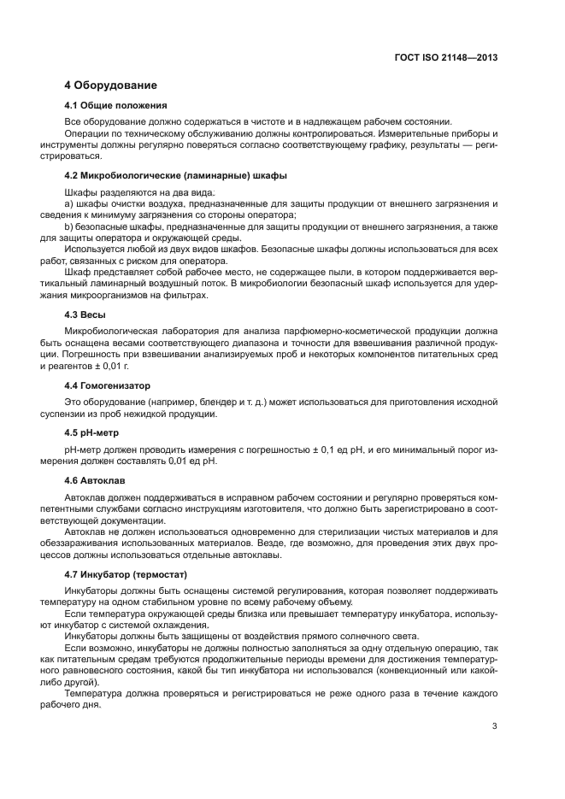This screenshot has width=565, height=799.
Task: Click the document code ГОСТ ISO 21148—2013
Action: pos(447,59)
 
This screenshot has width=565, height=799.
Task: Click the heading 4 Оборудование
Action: pos(111,85)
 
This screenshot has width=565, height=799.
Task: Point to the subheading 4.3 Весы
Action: pos(85,314)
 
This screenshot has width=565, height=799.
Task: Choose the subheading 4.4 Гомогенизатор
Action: pos(107,385)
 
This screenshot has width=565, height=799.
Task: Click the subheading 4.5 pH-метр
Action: pos(96,432)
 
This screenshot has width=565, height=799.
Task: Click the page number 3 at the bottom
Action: pos(494,726)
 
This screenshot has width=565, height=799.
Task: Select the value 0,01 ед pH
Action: pos(191,461)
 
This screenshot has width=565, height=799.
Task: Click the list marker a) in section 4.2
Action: pos(69,203)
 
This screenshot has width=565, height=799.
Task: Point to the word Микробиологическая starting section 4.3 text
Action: pos(110,332)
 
